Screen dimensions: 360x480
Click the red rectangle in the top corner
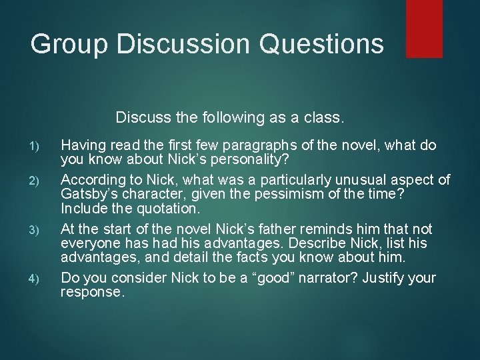[424, 28]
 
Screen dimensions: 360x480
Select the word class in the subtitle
[321, 119]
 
